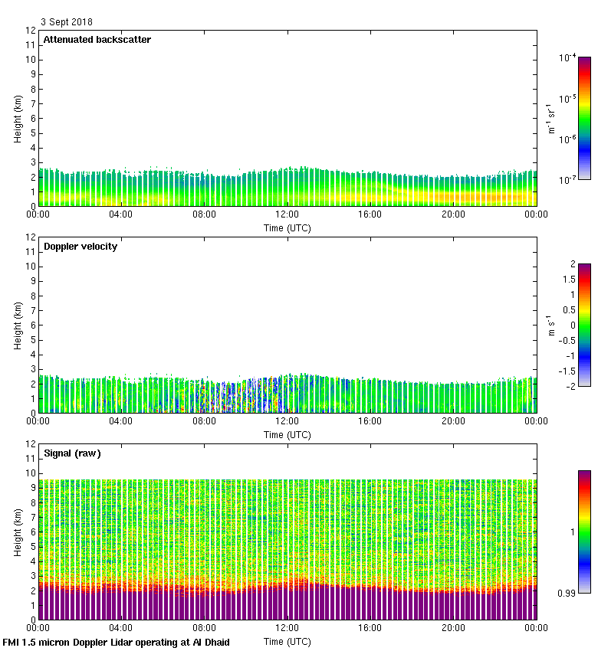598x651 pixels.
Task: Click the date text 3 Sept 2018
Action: pyautogui.click(x=66, y=23)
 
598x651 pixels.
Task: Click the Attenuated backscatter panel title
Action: pyautogui.click(x=97, y=40)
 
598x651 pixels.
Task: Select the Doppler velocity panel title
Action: pyautogui.click(x=80, y=247)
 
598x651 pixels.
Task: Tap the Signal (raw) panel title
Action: pyautogui.click(x=72, y=453)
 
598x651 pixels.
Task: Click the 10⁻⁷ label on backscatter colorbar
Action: pyautogui.click(x=567, y=179)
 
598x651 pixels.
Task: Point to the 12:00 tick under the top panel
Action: pyautogui.click(x=287, y=215)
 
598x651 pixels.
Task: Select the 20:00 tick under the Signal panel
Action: pyautogui.click(x=453, y=628)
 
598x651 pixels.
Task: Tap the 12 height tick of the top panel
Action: pyautogui.click(x=31, y=31)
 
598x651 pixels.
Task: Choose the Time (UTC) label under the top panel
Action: pyautogui.click(x=287, y=227)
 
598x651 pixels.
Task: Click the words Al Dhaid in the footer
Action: pyautogui.click(x=209, y=643)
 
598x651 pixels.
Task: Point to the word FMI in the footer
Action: pyautogui.click(x=11, y=643)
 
